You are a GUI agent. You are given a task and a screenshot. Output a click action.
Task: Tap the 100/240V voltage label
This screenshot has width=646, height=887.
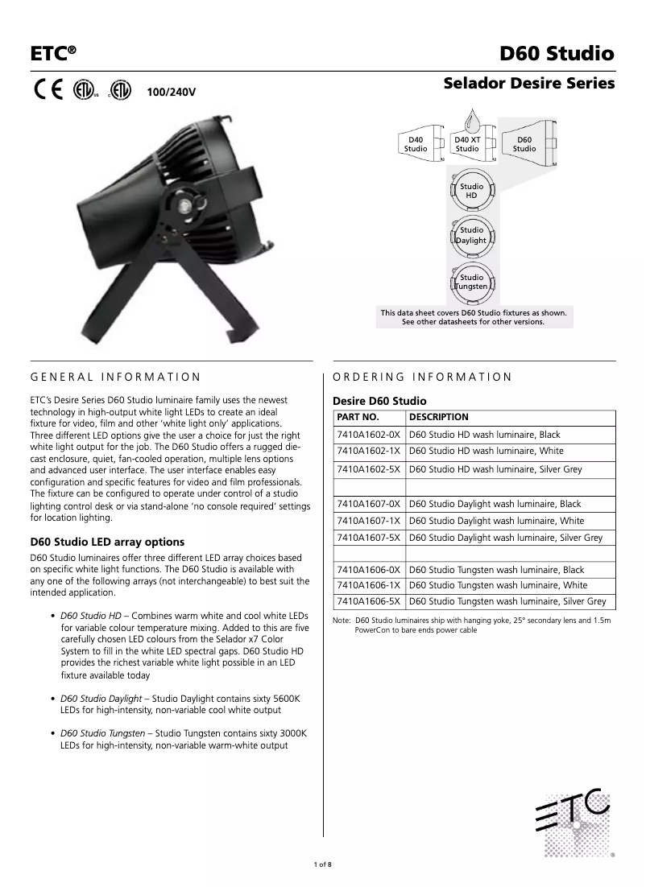pyautogui.click(x=171, y=92)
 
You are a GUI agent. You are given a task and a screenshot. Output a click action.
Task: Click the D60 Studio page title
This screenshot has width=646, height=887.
pyautogui.click(x=557, y=54)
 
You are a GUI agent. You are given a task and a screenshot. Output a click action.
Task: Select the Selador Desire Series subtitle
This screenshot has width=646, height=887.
pyautogui.click(x=529, y=83)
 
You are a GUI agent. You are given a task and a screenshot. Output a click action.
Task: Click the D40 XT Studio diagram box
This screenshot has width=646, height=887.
pyautogui.click(x=467, y=144)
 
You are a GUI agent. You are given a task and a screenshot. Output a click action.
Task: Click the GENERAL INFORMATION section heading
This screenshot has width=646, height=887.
pyautogui.click(x=115, y=376)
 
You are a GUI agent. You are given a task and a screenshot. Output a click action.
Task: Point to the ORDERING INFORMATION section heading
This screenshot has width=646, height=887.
pyautogui.click(x=422, y=376)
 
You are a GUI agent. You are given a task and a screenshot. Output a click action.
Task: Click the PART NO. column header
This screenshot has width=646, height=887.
pyautogui.click(x=358, y=417)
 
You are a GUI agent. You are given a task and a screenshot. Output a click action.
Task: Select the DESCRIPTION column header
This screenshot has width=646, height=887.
pyautogui.click(x=439, y=417)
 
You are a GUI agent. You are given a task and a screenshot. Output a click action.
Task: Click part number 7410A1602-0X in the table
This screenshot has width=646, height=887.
pyautogui.click(x=368, y=435)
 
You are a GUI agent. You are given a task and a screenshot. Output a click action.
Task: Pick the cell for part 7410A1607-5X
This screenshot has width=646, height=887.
pyautogui.click(x=368, y=538)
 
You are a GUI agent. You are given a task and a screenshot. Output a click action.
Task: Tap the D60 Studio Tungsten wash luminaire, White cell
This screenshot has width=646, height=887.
pyautogui.click(x=498, y=585)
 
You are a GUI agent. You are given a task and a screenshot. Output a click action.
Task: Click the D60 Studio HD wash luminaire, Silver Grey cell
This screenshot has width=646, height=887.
pyautogui.click(x=507, y=469)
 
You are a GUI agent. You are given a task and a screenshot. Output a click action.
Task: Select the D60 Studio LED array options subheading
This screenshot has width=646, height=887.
pyautogui.click(x=107, y=542)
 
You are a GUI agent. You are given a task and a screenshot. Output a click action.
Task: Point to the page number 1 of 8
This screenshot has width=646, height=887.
pyautogui.click(x=322, y=864)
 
